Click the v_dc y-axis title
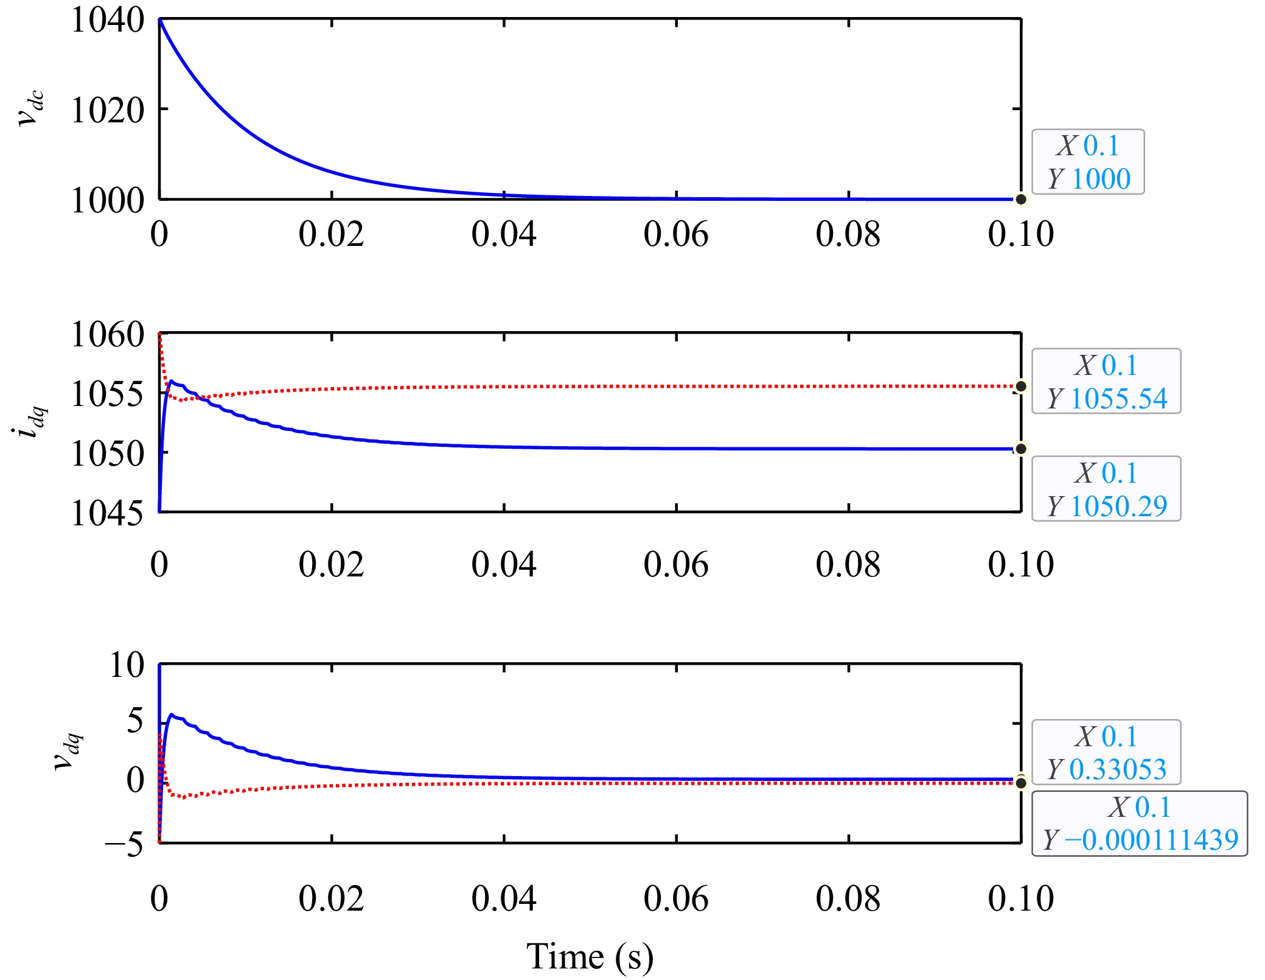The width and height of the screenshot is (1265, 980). tap(30, 108)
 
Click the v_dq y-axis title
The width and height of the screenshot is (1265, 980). tap(68, 752)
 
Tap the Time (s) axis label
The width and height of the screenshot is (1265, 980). tap(589, 956)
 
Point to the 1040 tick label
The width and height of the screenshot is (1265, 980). tap(108, 20)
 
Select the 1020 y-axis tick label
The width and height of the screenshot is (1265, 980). tap(108, 110)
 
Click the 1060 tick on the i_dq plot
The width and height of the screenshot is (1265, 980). tap(108, 334)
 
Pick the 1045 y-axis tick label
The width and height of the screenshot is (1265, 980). tap(108, 513)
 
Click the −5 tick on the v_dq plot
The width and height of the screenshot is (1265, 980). tap(124, 845)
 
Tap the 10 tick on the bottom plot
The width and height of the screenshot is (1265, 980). tap(127, 665)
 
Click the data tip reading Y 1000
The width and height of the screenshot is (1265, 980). tap(1088, 162)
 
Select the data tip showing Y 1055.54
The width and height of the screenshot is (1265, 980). tap(1106, 382)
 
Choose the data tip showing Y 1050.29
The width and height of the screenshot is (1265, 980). tap(1106, 489)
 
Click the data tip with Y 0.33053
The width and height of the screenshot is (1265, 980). tap(1106, 752)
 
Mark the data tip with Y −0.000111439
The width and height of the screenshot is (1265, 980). tap(1139, 824)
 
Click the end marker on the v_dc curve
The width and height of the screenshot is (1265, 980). tap(1021, 199)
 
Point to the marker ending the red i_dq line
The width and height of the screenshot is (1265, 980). tap(1021, 386)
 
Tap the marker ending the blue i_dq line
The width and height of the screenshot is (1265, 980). tap(1021, 449)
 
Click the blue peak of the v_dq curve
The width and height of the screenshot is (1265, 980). tap(172, 715)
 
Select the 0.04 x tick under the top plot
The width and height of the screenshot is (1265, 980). tap(504, 234)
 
